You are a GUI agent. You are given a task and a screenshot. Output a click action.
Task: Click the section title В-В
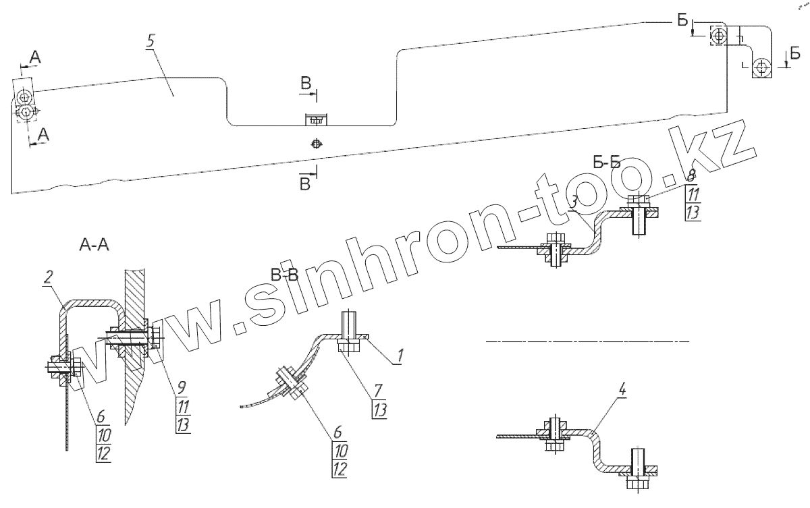(284, 275)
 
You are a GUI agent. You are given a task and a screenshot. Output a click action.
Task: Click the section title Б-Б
(606, 163)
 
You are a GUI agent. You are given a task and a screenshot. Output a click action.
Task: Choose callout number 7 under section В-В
(378, 389)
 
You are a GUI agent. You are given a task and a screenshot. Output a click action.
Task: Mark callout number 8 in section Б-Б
(691, 177)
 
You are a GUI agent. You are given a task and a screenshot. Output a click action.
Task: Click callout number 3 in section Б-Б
(573, 200)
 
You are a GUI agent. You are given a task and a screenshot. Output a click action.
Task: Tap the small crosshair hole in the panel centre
(315, 143)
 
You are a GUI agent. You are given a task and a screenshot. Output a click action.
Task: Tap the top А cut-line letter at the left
(34, 58)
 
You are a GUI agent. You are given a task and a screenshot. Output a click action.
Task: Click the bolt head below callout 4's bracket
(638, 482)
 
